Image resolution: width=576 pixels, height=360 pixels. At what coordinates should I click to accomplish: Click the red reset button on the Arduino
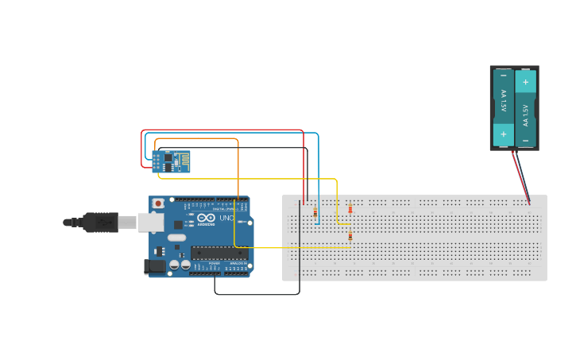[x=158, y=203]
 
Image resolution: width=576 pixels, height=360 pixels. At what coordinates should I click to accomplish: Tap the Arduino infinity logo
[x=207, y=219]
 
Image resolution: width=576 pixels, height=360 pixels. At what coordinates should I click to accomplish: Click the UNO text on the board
[x=226, y=219]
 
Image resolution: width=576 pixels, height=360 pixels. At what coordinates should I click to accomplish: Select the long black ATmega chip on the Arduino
[x=218, y=254]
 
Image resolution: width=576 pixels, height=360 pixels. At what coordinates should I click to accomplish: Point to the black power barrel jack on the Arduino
[x=154, y=266]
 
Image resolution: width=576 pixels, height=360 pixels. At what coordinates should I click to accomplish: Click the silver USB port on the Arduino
[x=151, y=222]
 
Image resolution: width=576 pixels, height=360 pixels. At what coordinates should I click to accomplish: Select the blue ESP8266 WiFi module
[x=172, y=161]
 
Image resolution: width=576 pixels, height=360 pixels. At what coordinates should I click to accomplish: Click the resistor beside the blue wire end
[x=315, y=213]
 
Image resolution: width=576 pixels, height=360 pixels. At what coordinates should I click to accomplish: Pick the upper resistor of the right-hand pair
[x=350, y=209]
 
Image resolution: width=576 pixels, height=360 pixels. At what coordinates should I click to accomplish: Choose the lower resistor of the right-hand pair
[x=350, y=235]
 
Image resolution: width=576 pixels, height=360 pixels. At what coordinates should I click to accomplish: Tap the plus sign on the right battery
[x=525, y=82]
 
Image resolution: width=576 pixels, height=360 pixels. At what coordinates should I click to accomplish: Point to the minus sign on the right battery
[x=525, y=140]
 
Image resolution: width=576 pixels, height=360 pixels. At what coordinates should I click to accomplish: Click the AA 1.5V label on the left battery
[x=503, y=104]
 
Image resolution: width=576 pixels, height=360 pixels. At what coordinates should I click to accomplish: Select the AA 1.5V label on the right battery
[x=525, y=114]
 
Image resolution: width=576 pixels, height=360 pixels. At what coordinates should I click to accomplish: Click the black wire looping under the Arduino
[x=254, y=294]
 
